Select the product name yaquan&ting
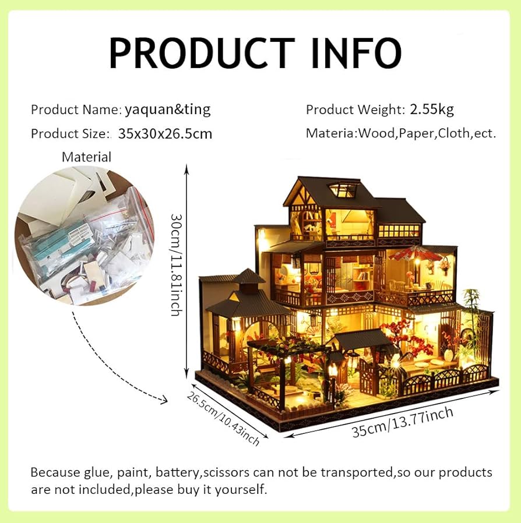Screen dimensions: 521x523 167,109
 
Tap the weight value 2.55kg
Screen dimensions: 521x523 432,109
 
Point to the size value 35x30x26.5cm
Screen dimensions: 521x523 165,133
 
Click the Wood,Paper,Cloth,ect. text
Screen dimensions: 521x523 427,133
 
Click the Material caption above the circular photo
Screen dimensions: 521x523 86,157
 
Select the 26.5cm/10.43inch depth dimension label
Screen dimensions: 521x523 223,418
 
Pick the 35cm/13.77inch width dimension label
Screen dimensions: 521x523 402,423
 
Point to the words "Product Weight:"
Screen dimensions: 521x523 355,109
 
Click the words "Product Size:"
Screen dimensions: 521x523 70,134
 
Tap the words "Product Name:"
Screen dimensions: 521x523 76,109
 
